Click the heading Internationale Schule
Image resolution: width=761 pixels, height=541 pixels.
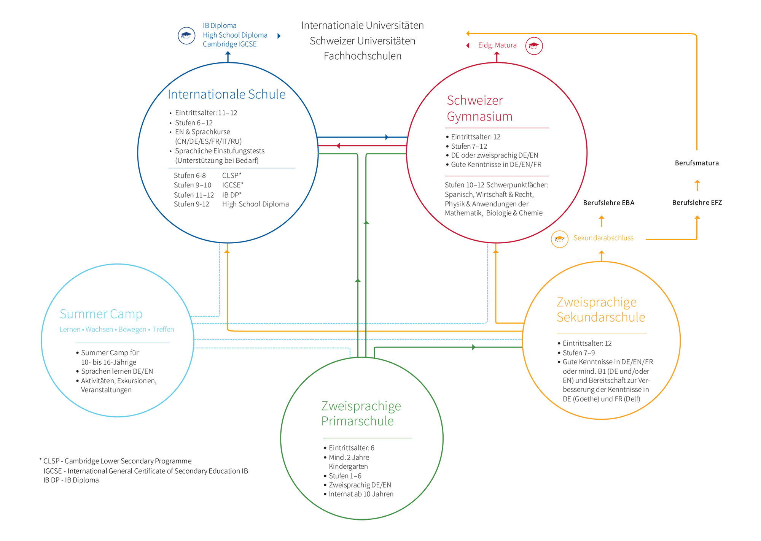[226, 94]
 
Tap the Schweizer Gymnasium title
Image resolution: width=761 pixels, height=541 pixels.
[479, 108]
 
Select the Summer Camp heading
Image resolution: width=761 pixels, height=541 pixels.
[101, 314]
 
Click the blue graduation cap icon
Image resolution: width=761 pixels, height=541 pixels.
[186, 35]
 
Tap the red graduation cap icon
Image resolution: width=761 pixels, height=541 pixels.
[534, 46]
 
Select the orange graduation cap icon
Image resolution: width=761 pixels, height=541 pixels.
[559, 239]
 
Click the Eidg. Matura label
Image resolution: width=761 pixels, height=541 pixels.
[497, 45]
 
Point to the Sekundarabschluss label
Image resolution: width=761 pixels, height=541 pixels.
[603, 238]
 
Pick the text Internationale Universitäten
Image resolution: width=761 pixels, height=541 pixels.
[362, 25]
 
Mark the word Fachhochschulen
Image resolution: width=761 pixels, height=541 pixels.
[362, 56]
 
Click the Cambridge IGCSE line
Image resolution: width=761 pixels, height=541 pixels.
[229, 44]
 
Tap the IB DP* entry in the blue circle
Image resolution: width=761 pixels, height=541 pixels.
[232, 195]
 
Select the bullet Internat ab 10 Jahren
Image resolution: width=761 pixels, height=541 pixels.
[361, 494]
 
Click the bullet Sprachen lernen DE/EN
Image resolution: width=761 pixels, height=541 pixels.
[116, 371]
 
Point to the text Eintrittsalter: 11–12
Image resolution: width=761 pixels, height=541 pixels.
[206, 113]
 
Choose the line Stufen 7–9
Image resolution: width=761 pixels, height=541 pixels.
[578, 352]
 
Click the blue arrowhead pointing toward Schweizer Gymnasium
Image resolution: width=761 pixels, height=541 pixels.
[387, 137]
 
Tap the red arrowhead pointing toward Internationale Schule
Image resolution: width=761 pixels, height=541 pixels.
[338, 146]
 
